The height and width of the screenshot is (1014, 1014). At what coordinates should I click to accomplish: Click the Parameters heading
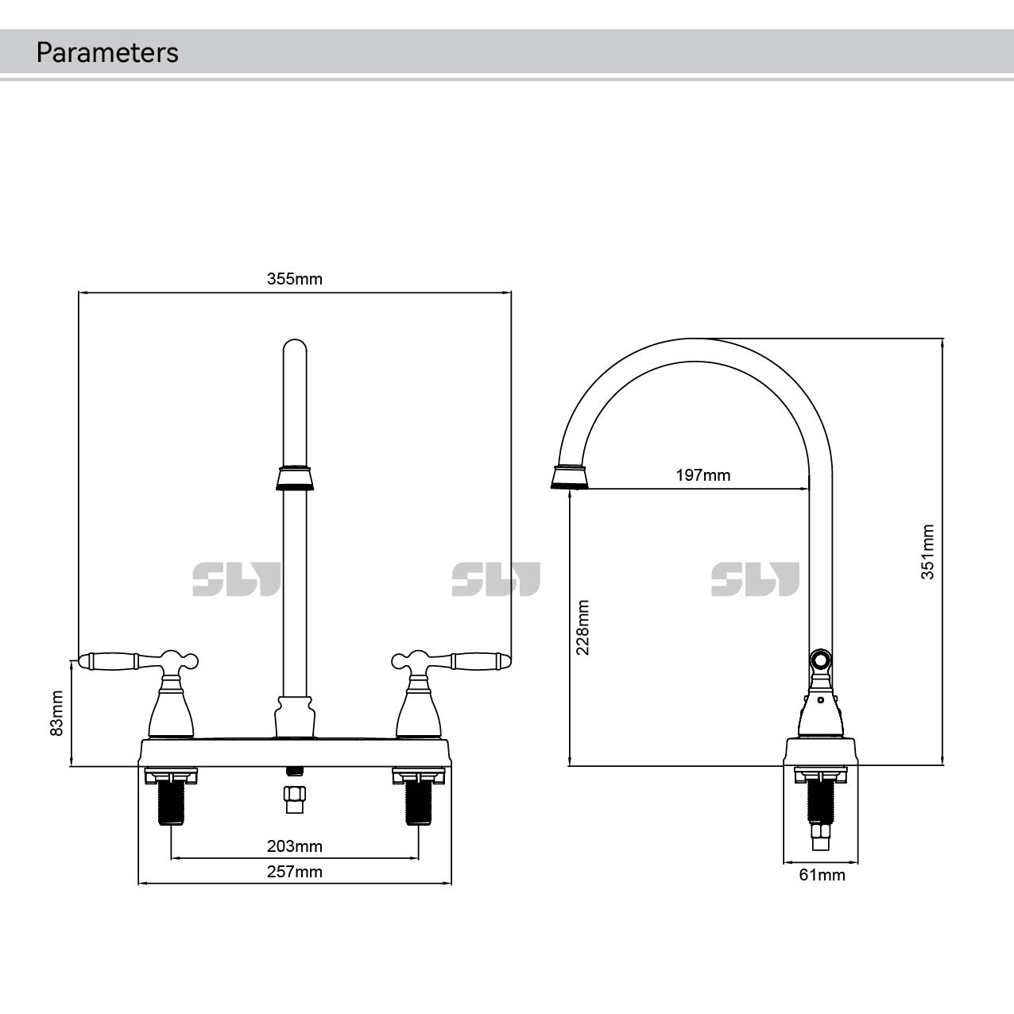pyautogui.click(x=107, y=52)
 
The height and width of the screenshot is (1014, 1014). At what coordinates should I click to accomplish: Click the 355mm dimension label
pyautogui.click(x=294, y=279)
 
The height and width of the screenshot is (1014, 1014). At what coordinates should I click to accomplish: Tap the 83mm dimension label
pyautogui.click(x=57, y=712)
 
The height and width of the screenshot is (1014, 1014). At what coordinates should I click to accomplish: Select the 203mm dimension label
pyautogui.click(x=294, y=846)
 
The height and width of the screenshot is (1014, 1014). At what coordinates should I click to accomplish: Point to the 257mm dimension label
pyautogui.click(x=294, y=872)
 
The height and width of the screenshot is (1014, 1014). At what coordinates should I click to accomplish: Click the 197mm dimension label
pyautogui.click(x=702, y=475)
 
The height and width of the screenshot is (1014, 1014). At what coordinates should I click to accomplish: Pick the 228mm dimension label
pyautogui.click(x=582, y=627)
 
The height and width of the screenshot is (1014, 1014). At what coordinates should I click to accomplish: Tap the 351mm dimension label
pyautogui.click(x=927, y=552)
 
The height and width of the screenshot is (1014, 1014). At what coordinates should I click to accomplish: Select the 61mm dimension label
pyautogui.click(x=822, y=875)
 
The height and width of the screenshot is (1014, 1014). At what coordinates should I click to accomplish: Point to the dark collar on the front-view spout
pyautogui.click(x=295, y=477)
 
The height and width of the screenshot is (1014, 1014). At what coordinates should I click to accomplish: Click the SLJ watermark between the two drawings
pyautogui.click(x=496, y=579)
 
